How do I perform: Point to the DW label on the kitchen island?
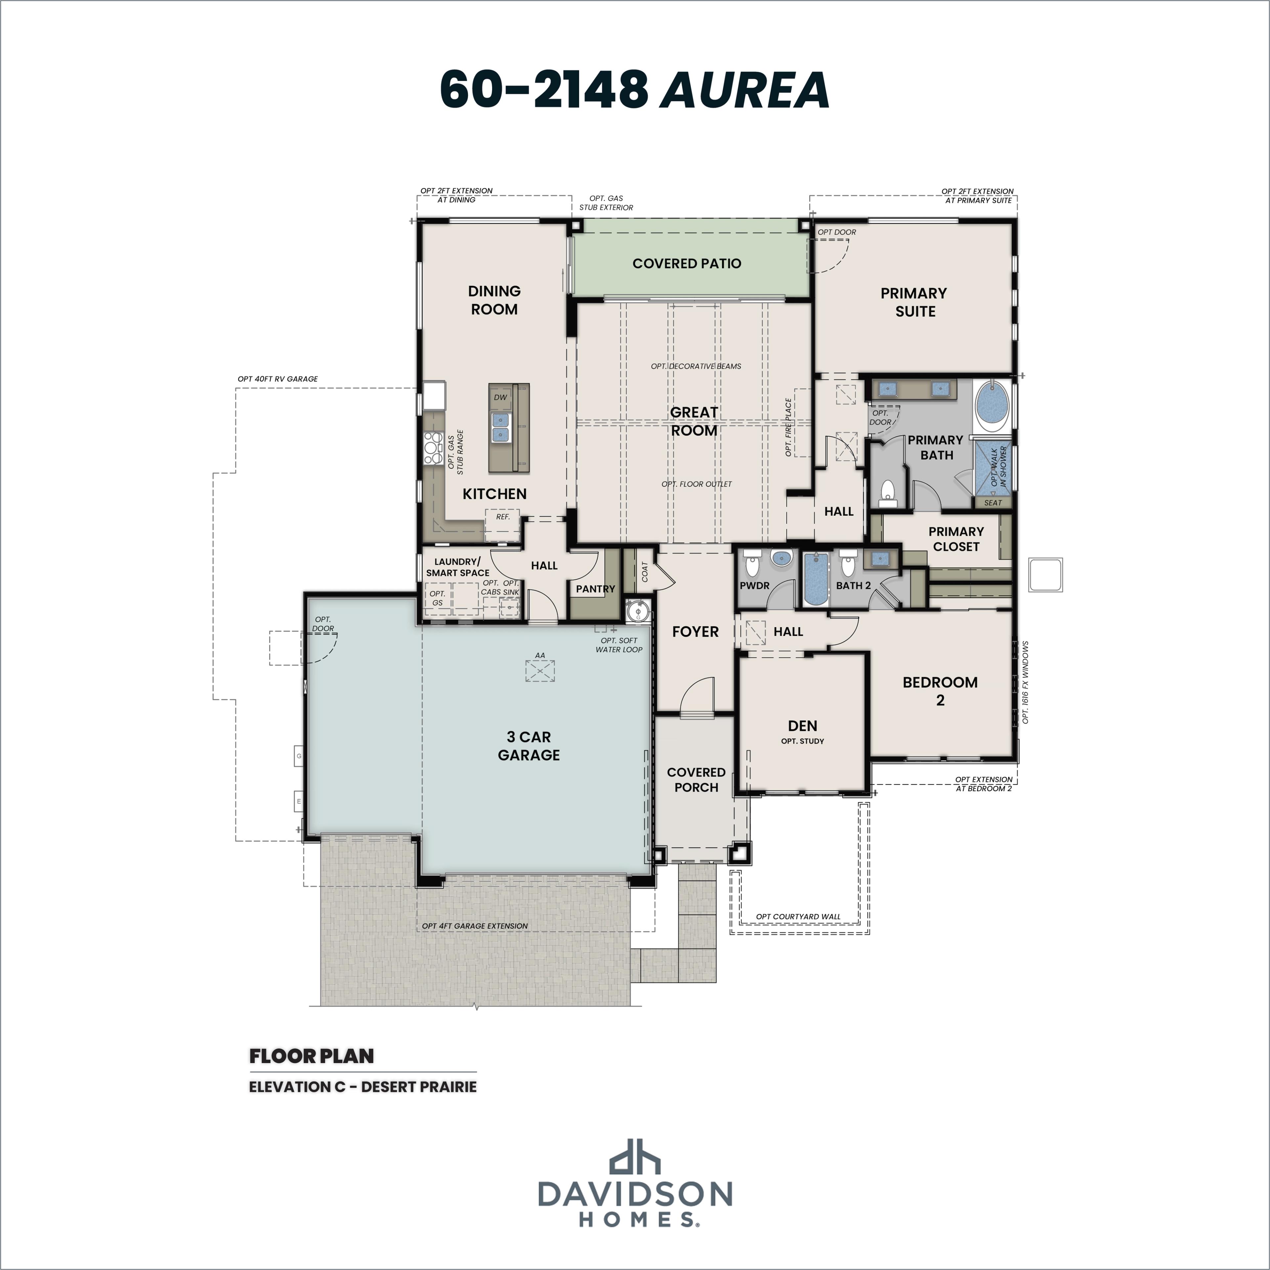[500, 397]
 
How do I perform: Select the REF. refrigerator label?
[503, 517]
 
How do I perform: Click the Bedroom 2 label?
[940, 691]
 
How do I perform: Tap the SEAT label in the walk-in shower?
[993, 503]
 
